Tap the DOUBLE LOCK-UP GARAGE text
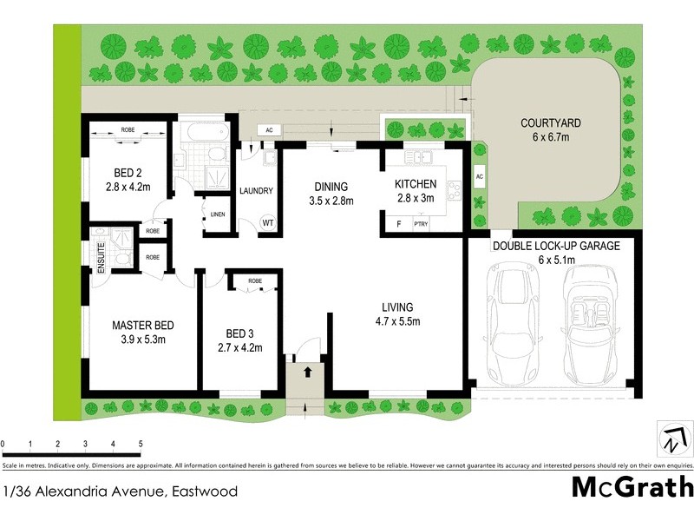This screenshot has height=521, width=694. pos(556,246)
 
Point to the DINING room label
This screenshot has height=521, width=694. pos(331,186)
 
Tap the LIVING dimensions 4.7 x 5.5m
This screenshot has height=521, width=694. pos(399,322)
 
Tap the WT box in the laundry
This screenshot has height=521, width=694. pos(268,223)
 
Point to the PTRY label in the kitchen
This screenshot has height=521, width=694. pos(422,225)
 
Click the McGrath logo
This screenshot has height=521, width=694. pos(632,486)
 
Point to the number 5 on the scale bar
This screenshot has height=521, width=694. pos(141,445)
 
